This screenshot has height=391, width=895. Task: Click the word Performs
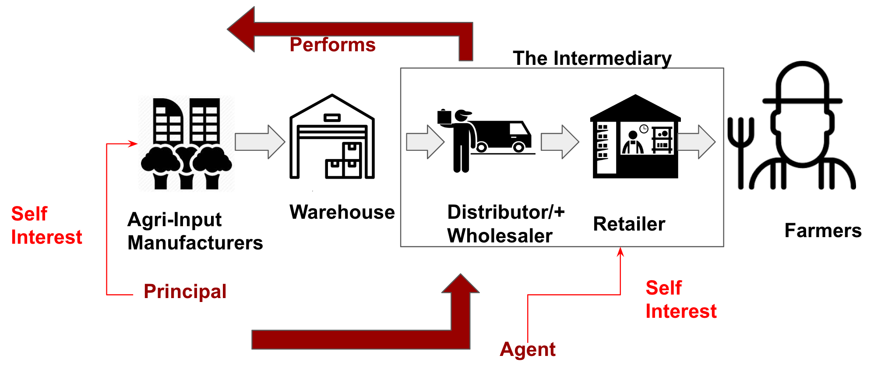click(332, 45)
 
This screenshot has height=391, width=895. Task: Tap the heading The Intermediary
click(592, 58)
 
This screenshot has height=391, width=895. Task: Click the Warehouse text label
click(342, 212)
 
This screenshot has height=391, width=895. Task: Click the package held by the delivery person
click(444, 117)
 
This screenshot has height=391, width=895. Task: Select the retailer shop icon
click(635, 137)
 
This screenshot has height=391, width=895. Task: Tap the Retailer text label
click(629, 224)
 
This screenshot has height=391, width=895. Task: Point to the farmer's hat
click(802, 85)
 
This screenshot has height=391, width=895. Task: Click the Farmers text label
click(823, 231)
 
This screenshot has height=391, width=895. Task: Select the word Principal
click(185, 291)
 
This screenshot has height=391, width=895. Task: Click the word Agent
click(528, 349)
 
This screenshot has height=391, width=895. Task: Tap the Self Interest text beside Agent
click(680, 300)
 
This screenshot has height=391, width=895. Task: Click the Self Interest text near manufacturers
click(46, 226)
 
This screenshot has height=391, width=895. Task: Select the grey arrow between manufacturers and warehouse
click(260, 142)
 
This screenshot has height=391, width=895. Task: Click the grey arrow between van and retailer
click(560, 142)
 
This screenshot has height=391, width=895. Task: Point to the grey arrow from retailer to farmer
click(696, 142)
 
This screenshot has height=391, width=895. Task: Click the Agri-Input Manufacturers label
click(195, 231)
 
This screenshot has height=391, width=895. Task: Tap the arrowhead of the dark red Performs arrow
click(242, 29)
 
